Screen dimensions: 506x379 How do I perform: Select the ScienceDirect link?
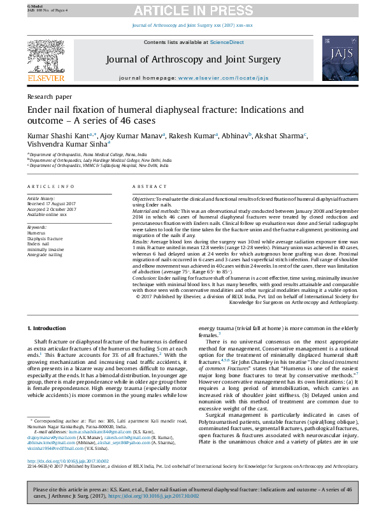click(x=227, y=42)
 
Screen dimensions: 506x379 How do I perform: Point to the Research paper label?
click(x=50, y=96)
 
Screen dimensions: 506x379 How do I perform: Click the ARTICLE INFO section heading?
click(x=50, y=186)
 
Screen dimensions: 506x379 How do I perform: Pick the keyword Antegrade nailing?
click(x=46, y=254)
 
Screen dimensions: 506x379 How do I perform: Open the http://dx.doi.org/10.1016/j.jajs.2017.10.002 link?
click(x=68, y=459)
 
